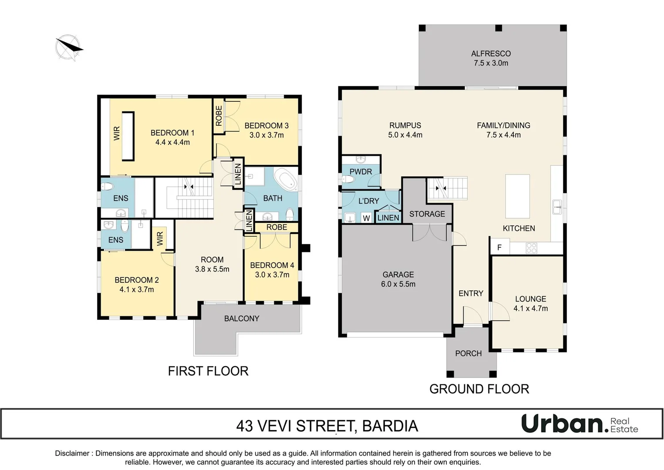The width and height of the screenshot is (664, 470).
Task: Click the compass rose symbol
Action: click(69, 48)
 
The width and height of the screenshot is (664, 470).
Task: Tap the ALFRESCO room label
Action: click(491, 54)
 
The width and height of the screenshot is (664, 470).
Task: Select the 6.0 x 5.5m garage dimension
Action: click(398, 284)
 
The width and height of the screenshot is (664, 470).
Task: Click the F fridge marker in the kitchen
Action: click(499, 247)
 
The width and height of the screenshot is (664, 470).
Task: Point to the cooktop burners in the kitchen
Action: click(531, 248)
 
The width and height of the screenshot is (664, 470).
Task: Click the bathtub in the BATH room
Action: click(286, 180)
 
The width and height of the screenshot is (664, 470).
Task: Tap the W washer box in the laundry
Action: click(366, 218)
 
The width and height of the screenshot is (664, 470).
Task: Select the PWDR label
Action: click(361, 171)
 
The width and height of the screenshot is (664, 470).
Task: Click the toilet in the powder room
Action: click(348, 179)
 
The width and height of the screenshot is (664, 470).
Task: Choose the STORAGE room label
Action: click(427, 214)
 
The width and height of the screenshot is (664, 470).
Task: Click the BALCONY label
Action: click(242, 319)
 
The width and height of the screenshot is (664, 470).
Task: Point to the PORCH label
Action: click(469, 353)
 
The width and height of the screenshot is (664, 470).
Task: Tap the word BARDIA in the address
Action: click(390, 426)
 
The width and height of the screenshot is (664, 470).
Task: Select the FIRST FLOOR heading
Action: click(208, 371)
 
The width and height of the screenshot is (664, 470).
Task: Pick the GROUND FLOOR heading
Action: click(479, 389)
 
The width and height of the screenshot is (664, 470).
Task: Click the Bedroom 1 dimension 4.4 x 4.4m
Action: click(172, 142)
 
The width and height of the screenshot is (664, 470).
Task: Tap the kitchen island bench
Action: click(517, 196)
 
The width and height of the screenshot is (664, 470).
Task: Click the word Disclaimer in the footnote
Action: click(72, 453)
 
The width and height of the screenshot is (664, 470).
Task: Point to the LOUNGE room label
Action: click(531, 299)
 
